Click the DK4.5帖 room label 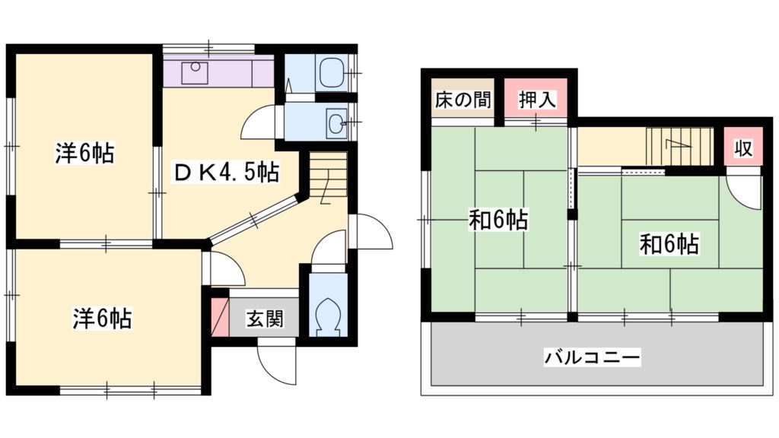[x=226, y=173]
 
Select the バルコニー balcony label [x=593, y=356]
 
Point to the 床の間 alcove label [x=463, y=100]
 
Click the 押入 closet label [x=537, y=100]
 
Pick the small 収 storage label [x=742, y=148]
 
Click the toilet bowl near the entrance [x=329, y=313]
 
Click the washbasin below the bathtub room [x=335, y=121]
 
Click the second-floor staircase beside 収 [x=679, y=145]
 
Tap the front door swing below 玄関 [x=275, y=364]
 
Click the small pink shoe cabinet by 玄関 [x=219, y=317]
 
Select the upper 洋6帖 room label [x=84, y=154]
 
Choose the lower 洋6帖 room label [x=102, y=318]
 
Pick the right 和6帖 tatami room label [x=669, y=244]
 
